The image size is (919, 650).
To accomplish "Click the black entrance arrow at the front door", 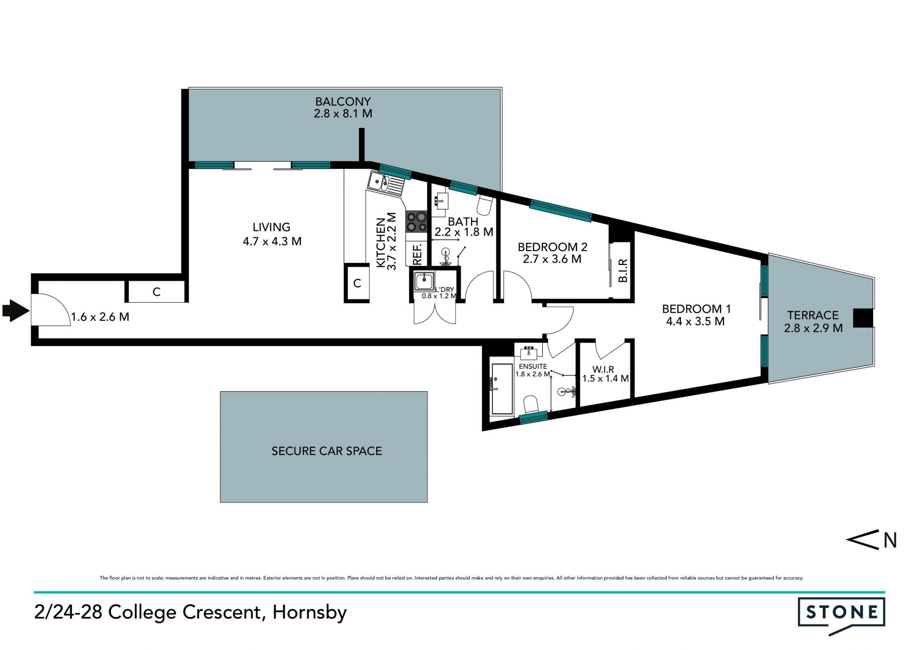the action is pos(15,310).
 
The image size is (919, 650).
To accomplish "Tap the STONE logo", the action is pos(841,616).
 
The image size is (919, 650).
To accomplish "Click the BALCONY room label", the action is pos(343,102).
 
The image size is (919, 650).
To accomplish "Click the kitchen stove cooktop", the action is pos(416,221).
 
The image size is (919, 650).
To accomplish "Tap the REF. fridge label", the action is pos(417,254).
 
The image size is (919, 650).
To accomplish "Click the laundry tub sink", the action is pos(424,281).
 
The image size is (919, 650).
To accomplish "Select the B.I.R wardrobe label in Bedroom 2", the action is pos(623,270).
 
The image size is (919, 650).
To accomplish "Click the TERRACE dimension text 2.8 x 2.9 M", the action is pos(813,328).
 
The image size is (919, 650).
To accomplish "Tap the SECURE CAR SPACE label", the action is pos(326,451).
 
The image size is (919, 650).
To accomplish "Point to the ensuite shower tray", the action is pos(502,389).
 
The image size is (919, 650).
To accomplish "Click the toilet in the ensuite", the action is pos(531,405).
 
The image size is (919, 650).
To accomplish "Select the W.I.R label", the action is pos(603,369).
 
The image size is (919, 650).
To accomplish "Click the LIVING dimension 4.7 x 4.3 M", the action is pos(272,241).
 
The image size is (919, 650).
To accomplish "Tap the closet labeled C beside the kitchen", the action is pos(357,283).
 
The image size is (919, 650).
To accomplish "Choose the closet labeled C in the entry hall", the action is pos(157,292).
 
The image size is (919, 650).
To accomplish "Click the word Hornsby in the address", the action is pos(309,613).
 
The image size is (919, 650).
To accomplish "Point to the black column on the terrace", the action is pos(863,318).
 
